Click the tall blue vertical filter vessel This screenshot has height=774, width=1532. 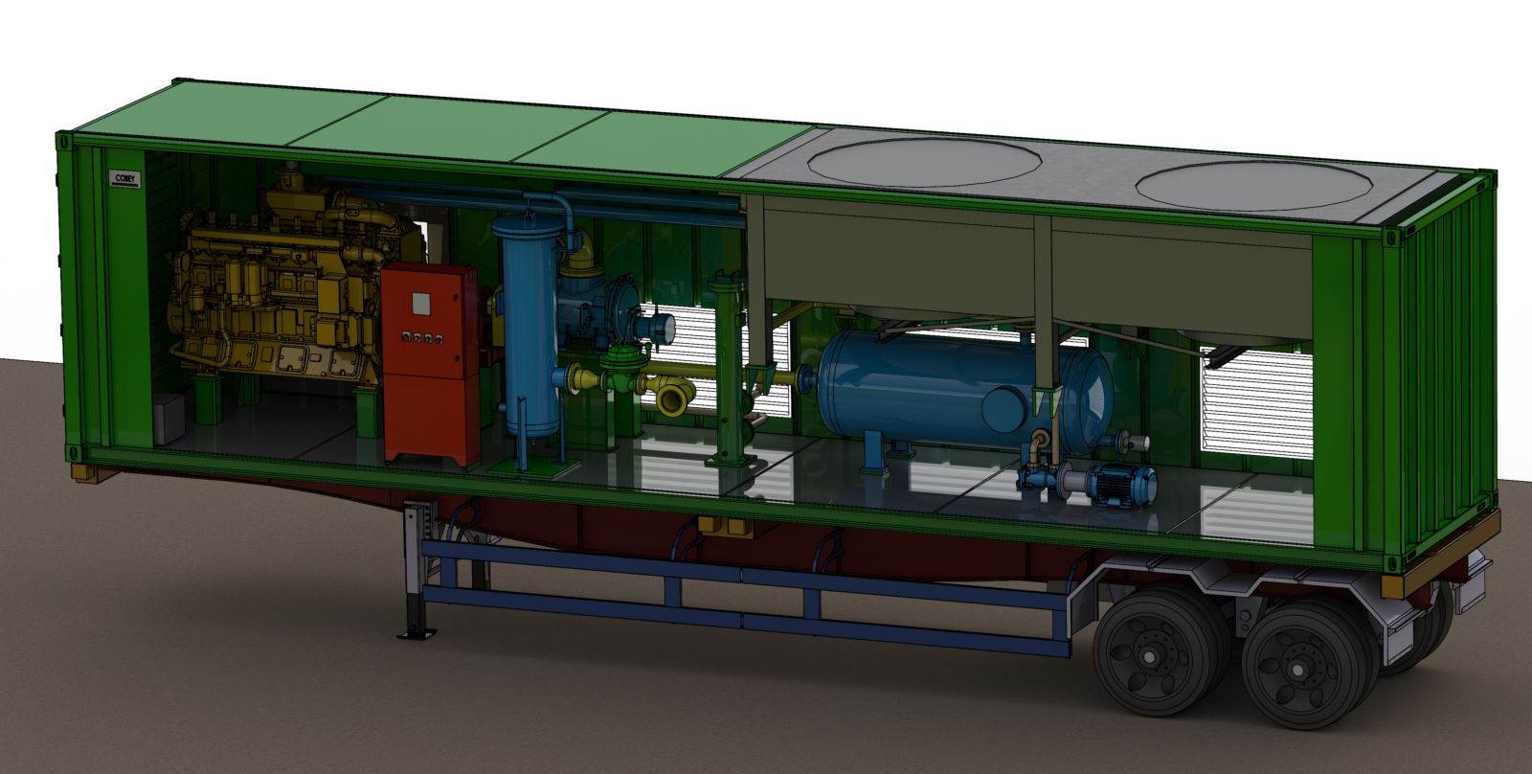pyautogui.click(x=527, y=326)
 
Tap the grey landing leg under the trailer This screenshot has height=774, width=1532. pyautogui.click(x=416, y=565)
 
